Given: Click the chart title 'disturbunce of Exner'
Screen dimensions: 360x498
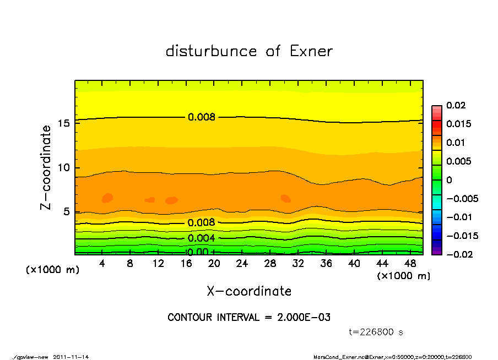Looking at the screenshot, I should (x=249, y=52).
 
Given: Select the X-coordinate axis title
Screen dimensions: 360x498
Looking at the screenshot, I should (x=249, y=291).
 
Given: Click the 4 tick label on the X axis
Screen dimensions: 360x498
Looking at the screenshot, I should (x=102, y=264).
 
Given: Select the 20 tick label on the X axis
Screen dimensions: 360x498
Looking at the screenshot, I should (x=214, y=264).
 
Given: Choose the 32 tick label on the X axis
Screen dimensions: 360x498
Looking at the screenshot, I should (x=298, y=264).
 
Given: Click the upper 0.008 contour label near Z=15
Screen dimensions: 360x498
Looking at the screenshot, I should (x=202, y=117).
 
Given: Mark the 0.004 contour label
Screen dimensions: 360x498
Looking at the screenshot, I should (x=202, y=238).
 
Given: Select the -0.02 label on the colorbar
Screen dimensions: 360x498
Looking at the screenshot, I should (x=458, y=254).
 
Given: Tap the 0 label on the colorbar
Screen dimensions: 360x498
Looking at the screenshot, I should (x=449, y=179).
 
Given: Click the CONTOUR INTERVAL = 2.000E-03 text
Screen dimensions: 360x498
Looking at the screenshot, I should (x=249, y=318).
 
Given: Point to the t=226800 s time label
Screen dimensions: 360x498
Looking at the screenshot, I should (x=376, y=332).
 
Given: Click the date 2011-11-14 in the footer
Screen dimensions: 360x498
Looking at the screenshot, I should (x=71, y=357).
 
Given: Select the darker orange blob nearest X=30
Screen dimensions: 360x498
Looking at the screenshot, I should (x=285, y=198).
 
